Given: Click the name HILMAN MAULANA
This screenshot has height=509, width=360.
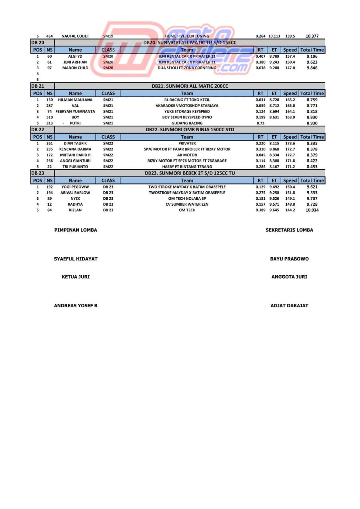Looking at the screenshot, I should tap(75, 100).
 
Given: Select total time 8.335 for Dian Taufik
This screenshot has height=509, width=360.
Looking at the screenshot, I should tap(312, 143).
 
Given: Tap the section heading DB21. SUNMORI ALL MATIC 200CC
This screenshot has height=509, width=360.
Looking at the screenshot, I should tap(190, 86).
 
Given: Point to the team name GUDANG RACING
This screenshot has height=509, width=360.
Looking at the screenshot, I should tap(187, 123).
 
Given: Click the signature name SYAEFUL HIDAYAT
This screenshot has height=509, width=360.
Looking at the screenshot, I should tap(76, 259).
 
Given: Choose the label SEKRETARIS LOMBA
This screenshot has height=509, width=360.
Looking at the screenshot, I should tap(289, 230).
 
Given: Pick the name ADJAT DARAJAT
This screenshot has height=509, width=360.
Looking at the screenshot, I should tap(289, 306).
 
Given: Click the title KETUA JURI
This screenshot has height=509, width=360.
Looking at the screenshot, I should tap(76, 277).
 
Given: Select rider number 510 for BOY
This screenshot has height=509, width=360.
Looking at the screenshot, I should tap(50, 117).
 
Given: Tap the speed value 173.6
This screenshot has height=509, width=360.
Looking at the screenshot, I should tap(290, 143).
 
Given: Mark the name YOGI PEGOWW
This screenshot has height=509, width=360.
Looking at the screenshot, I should tap(75, 187).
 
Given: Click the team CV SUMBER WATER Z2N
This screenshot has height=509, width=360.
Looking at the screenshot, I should tap(187, 204).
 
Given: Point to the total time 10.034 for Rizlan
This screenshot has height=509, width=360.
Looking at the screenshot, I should tap(312, 210).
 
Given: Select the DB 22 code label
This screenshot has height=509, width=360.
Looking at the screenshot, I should tap(38, 130).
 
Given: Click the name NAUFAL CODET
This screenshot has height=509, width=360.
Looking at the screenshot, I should tap(75, 36).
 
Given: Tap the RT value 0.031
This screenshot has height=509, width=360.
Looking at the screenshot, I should tap(260, 100).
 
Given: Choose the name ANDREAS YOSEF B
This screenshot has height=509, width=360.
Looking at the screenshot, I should tap(76, 306).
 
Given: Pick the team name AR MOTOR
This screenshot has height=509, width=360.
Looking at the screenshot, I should tap(187, 155).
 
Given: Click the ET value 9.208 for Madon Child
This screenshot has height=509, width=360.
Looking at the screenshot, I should tap(274, 68).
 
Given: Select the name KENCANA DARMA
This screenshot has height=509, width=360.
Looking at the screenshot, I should tap(75, 149).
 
